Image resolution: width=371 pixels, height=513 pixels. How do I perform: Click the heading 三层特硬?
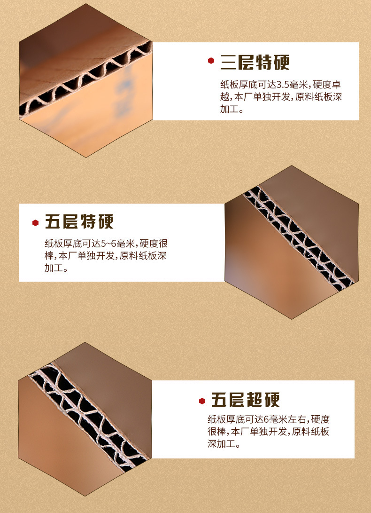click(255, 62)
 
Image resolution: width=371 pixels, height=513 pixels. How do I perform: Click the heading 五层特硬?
click(79, 222)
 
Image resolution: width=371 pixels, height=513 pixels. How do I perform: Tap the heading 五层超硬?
click(246, 400)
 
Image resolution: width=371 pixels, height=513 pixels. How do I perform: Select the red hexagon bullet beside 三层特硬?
click(211, 61)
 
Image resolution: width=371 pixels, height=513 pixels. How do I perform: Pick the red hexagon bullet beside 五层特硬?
click(36, 223)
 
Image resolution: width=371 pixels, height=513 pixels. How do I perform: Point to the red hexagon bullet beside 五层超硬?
click(202, 401)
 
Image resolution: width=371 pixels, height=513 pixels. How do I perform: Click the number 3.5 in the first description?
click(283, 85)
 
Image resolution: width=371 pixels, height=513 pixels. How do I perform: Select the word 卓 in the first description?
click(336, 85)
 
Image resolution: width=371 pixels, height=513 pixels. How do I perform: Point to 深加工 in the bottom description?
click(221, 443)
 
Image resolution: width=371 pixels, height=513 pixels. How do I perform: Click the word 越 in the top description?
click(225, 97)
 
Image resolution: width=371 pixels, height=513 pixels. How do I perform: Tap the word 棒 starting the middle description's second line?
click(49, 256)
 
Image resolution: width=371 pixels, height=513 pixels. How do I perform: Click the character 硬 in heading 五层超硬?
click(272, 400)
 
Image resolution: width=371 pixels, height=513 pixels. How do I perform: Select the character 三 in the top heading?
click(229, 62)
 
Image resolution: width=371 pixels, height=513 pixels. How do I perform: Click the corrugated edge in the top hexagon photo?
click(85, 79)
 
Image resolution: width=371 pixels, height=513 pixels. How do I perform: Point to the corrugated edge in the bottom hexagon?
click(89, 417)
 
